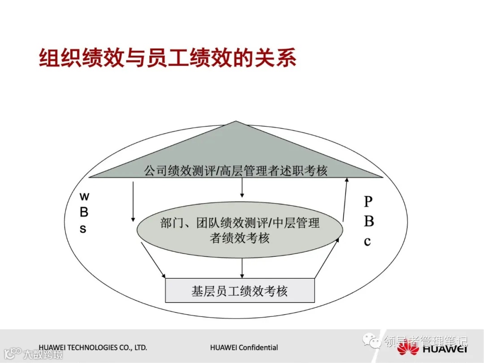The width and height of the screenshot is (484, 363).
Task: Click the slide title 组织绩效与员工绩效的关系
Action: [168, 58]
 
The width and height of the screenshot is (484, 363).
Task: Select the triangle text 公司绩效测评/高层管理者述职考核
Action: [236, 171]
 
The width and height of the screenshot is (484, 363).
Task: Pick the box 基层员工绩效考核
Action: [240, 291]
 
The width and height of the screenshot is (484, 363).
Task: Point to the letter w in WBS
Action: [84, 196]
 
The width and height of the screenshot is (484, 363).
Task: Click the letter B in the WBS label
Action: [84, 212]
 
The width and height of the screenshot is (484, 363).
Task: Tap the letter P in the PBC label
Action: [367, 202]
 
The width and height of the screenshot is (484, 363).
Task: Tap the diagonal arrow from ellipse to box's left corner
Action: [153, 260]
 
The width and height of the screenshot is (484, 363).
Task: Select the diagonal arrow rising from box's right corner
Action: [327, 258]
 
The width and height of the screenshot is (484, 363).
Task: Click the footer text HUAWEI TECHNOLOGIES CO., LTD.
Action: [93, 347]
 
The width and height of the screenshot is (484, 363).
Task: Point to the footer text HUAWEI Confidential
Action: [244, 347]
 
